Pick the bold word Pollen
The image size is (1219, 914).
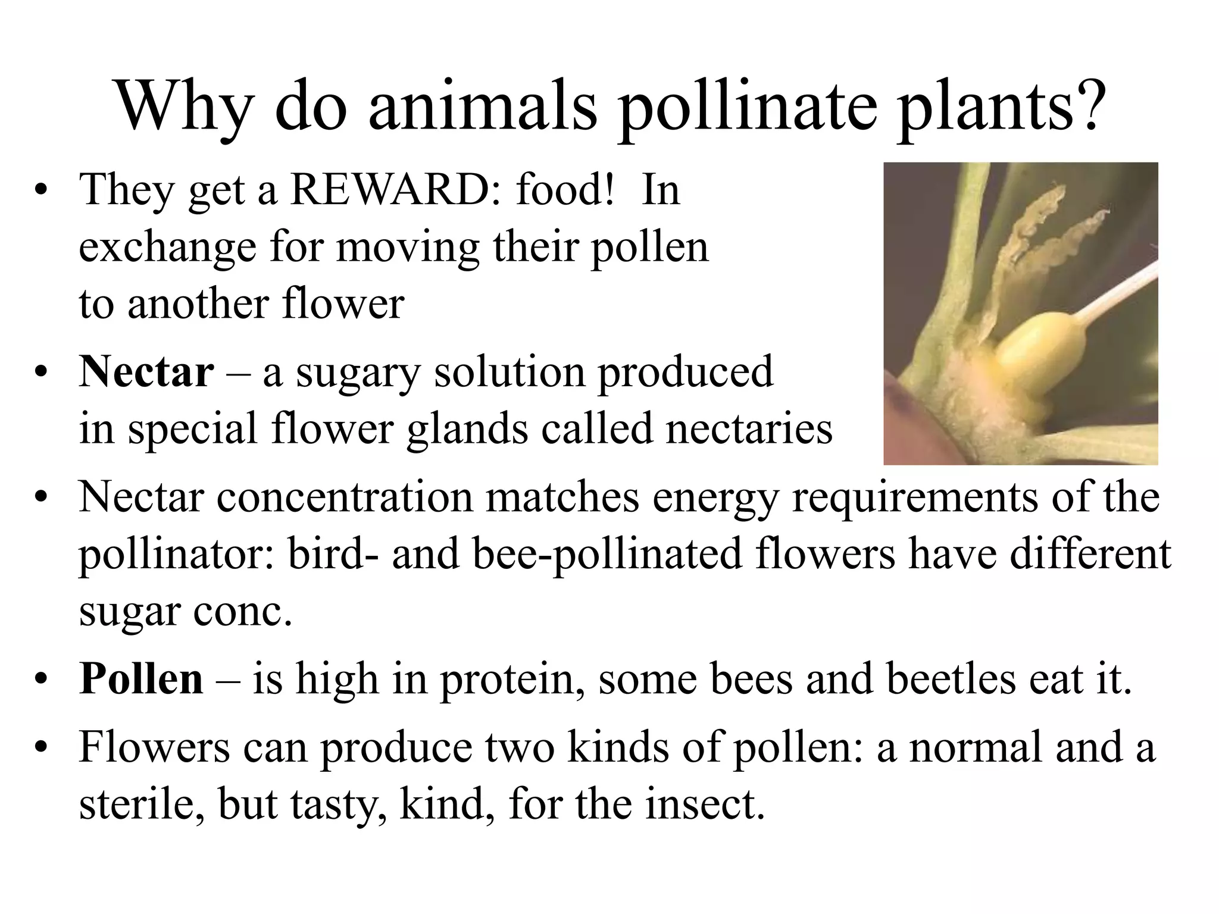[141, 679]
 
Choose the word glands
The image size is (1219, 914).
[467, 428]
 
